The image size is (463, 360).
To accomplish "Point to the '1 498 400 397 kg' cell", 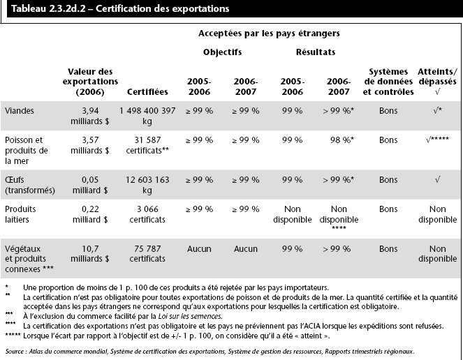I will pyautogui.click(x=147, y=115).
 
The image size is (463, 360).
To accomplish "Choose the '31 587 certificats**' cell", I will pyautogui.click(x=147, y=145).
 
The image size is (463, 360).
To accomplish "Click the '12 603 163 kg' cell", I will pyautogui.click(x=147, y=185).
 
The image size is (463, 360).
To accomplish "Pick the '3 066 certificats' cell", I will pyautogui.click(x=147, y=215).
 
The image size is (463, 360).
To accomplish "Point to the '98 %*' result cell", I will pyautogui.click(x=339, y=140).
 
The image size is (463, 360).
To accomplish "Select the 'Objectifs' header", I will pyautogui.click(x=222, y=52).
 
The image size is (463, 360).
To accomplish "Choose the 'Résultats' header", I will pyautogui.click(x=315, y=52).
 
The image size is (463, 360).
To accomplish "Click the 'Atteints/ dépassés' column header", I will pyautogui.click(x=437, y=81).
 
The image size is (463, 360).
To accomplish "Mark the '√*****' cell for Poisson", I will pyautogui.click(x=437, y=140).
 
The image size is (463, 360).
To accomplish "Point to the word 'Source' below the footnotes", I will pyautogui.click(x=15, y=350).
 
